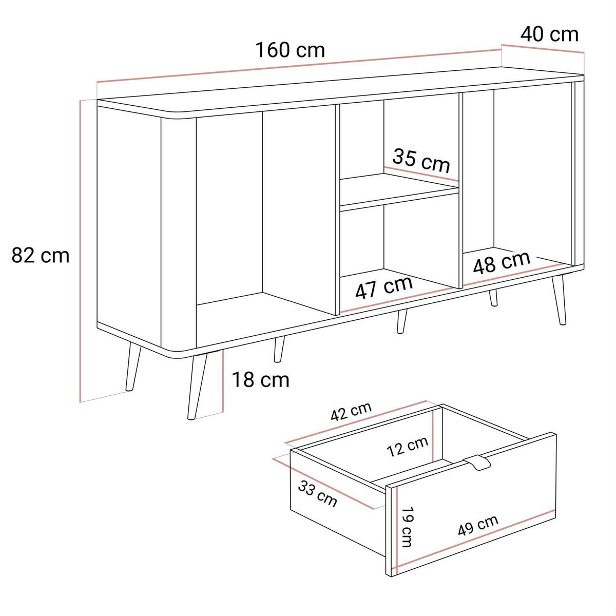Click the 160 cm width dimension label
[x=290, y=50]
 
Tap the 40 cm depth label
[x=549, y=34]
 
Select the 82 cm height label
[x=40, y=256]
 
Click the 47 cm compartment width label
[x=383, y=287]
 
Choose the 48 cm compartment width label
[x=501, y=263]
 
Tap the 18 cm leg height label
[x=261, y=380]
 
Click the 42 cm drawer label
[x=351, y=412]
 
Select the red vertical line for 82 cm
[x=80, y=251]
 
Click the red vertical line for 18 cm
[x=222, y=381]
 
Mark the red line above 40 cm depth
[x=543, y=48]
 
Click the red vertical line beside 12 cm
[x=433, y=436]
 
